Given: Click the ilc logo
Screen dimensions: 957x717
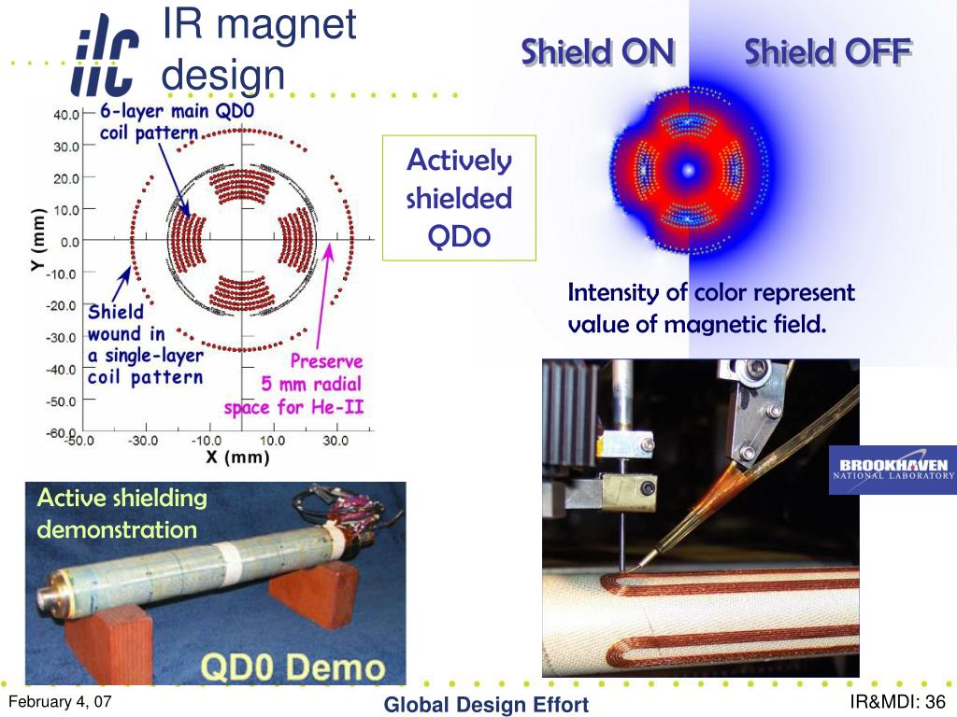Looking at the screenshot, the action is click(105, 56).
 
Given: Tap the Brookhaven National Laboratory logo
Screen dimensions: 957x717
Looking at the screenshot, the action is click(893, 470).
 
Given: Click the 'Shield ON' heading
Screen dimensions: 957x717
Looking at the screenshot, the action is click(598, 52).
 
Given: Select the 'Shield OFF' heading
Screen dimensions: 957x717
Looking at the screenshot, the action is click(828, 52).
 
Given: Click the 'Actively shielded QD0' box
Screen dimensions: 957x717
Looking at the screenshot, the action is click(459, 198).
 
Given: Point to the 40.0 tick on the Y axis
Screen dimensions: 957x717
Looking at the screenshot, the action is click(66, 114).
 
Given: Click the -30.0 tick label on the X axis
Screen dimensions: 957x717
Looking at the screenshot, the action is click(143, 441).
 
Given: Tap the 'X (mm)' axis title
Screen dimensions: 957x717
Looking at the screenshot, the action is click(238, 457).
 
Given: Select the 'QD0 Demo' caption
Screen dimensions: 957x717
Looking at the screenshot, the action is click(293, 667).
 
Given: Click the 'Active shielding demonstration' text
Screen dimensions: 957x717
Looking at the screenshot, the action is click(122, 513).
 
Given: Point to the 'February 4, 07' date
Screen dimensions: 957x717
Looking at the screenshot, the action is click(60, 701).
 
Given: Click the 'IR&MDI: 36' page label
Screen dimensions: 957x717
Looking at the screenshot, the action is click(897, 702).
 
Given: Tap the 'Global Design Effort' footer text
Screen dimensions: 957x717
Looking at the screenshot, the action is click(486, 705).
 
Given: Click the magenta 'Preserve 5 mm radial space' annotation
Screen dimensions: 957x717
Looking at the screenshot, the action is click(293, 384).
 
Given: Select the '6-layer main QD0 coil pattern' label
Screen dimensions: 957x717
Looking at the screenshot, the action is click(177, 121).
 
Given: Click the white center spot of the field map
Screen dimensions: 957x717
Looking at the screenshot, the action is click(689, 170).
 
